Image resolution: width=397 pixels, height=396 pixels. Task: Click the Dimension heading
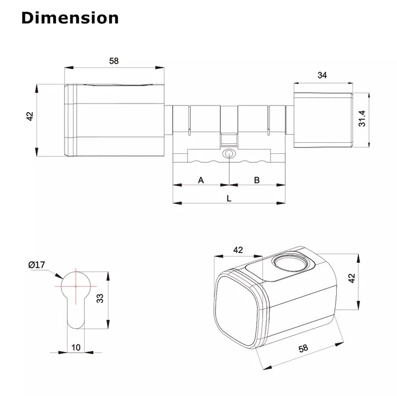[70, 18]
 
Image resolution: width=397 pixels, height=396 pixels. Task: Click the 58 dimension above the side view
[114, 61]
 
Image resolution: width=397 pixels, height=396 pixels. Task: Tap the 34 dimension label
[322, 75]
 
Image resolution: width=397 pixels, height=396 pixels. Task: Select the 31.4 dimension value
[362, 118]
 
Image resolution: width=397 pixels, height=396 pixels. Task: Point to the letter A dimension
[201, 180]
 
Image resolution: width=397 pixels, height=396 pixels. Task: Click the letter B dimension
[257, 180]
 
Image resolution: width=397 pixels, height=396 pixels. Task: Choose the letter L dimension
[229, 198]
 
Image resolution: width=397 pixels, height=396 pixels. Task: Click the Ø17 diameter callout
[37, 265]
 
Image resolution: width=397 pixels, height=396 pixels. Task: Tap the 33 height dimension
[100, 298]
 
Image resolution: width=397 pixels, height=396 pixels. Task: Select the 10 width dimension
[76, 347]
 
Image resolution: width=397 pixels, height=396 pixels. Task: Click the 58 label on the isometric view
[303, 348]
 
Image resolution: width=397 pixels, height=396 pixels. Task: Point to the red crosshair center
[76, 286]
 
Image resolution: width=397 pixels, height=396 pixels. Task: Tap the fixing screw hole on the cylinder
[229, 154]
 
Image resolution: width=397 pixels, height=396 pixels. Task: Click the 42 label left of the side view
[30, 116]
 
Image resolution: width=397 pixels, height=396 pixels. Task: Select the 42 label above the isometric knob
[238, 250]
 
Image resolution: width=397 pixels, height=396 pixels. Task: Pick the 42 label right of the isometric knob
[351, 278]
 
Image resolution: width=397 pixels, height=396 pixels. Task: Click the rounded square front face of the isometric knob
[237, 311]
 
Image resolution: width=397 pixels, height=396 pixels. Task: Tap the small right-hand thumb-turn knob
[323, 120]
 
